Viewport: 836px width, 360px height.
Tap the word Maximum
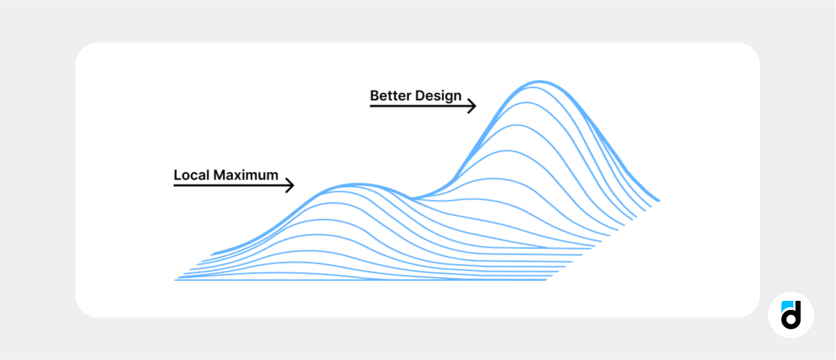[x=246, y=175]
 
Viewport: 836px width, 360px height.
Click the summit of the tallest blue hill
[x=539, y=81]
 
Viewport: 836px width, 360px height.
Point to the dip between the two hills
[x=411, y=198]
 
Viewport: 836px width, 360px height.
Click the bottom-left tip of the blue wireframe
[x=175, y=280]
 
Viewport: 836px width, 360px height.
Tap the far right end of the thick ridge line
[x=659, y=201]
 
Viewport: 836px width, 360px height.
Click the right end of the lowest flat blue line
[x=546, y=280]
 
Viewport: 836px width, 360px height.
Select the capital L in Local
[x=178, y=175]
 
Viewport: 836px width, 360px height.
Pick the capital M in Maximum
[x=219, y=175]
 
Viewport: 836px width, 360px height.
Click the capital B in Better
[x=374, y=95]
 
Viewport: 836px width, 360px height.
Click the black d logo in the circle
[x=791, y=316]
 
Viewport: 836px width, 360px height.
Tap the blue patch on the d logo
[x=786, y=306]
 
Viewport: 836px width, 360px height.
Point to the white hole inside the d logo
[x=790, y=320]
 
